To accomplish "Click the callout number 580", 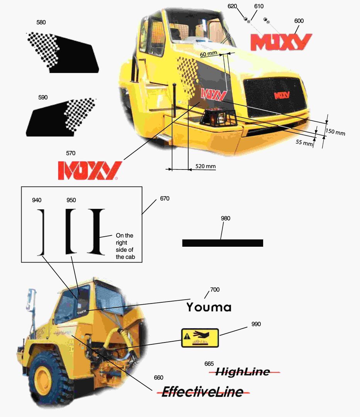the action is click(x=41, y=22).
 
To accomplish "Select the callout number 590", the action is click(x=43, y=97).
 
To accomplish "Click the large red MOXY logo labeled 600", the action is click(x=281, y=42).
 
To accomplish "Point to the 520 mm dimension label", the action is click(x=205, y=166).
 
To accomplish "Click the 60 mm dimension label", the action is click(x=208, y=54).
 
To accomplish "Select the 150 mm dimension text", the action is click(x=335, y=132).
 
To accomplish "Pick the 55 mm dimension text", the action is click(x=304, y=143).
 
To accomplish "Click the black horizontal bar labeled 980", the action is click(x=223, y=243).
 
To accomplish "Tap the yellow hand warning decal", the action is click(x=200, y=338).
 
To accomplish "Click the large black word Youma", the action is click(x=209, y=307).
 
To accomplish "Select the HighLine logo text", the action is click(x=243, y=371).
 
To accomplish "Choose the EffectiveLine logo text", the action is click(x=203, y=392).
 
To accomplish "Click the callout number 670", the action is click(x=165, y=198).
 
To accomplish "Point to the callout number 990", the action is click(x=256, y=324).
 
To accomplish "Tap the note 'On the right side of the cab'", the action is click(x=125, y=246).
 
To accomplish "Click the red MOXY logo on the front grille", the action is click(x=282, y=95).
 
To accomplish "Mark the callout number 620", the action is click(x=232, y=6).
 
